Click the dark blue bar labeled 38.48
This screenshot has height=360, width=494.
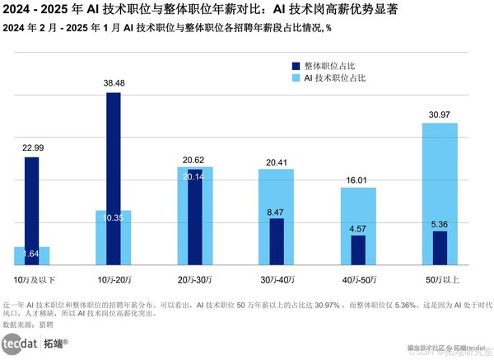[x=114, y=177]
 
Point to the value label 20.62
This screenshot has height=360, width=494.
[x=195, y=160]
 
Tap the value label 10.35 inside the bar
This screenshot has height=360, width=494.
[x=114, y=217]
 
